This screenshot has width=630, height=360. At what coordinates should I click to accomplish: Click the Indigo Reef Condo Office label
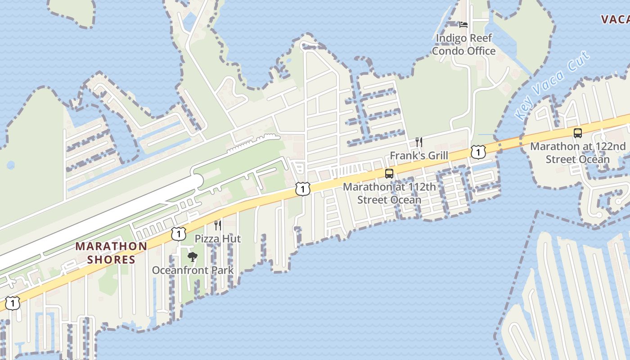(463, 45)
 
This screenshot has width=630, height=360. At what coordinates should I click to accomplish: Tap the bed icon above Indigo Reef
(463, 24)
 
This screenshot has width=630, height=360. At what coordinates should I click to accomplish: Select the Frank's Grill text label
(418, 156)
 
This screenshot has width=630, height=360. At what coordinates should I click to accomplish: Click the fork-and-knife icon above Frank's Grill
(419, 142)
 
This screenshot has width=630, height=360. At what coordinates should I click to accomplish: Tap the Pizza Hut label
(218, 238)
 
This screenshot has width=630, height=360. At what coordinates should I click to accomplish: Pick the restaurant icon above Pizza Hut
(218, 225)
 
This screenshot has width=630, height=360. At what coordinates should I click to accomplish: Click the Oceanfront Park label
(193, 270)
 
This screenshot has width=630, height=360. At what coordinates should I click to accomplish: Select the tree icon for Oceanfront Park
(193, 257)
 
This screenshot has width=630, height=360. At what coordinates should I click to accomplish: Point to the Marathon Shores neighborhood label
(111, 253)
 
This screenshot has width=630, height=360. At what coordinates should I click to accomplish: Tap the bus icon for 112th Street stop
(389, 174)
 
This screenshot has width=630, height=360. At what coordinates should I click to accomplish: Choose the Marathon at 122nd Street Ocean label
(578, 153)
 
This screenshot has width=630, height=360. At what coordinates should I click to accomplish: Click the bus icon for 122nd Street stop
(578, 133)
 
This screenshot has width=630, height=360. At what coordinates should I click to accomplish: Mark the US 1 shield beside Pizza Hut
(179, 234)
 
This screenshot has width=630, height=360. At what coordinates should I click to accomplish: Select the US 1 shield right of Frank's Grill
(478, 152)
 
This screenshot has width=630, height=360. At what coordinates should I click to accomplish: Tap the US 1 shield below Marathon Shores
(13, 304)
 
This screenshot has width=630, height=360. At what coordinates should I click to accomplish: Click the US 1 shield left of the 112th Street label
(303, 189)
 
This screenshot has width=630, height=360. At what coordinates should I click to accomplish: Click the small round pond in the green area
(11, 165)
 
